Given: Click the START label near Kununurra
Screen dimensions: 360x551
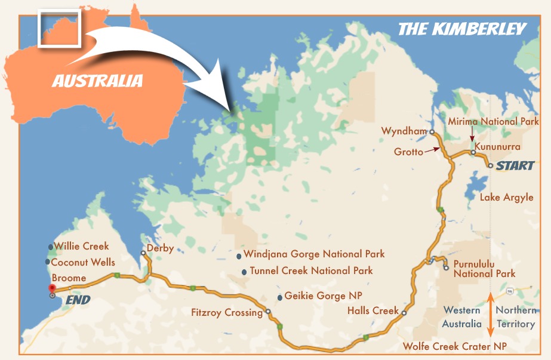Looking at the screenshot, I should point(515,165).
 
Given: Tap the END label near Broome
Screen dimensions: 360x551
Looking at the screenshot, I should point(78,300).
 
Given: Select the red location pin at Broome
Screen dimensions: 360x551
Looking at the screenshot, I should point(52,288).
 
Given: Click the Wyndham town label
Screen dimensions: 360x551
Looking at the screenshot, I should point(404,131).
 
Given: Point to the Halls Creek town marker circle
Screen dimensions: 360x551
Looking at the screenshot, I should point(404,313).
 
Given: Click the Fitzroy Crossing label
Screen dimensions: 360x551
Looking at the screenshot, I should point(226,312).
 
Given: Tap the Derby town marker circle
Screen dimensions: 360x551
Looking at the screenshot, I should point(143,253).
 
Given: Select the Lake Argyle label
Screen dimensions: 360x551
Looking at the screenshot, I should point(507,197).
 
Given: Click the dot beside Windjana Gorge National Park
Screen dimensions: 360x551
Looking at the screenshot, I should point(239,256).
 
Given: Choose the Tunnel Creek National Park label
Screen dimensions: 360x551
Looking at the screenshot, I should point(311,270).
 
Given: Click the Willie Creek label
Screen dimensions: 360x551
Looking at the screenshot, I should point(82,246).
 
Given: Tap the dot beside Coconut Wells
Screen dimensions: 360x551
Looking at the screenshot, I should point(47,261).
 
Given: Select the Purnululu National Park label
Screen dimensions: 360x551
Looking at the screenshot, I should point(484,269).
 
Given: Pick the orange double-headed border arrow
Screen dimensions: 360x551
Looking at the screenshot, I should point(490,315).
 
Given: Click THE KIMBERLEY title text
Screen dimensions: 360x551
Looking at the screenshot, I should point(461,29).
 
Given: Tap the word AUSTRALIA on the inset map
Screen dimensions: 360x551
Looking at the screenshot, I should point(97,80).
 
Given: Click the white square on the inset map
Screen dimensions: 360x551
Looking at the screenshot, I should point(59,27).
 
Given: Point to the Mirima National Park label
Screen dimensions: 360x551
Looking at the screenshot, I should point(493,121).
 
